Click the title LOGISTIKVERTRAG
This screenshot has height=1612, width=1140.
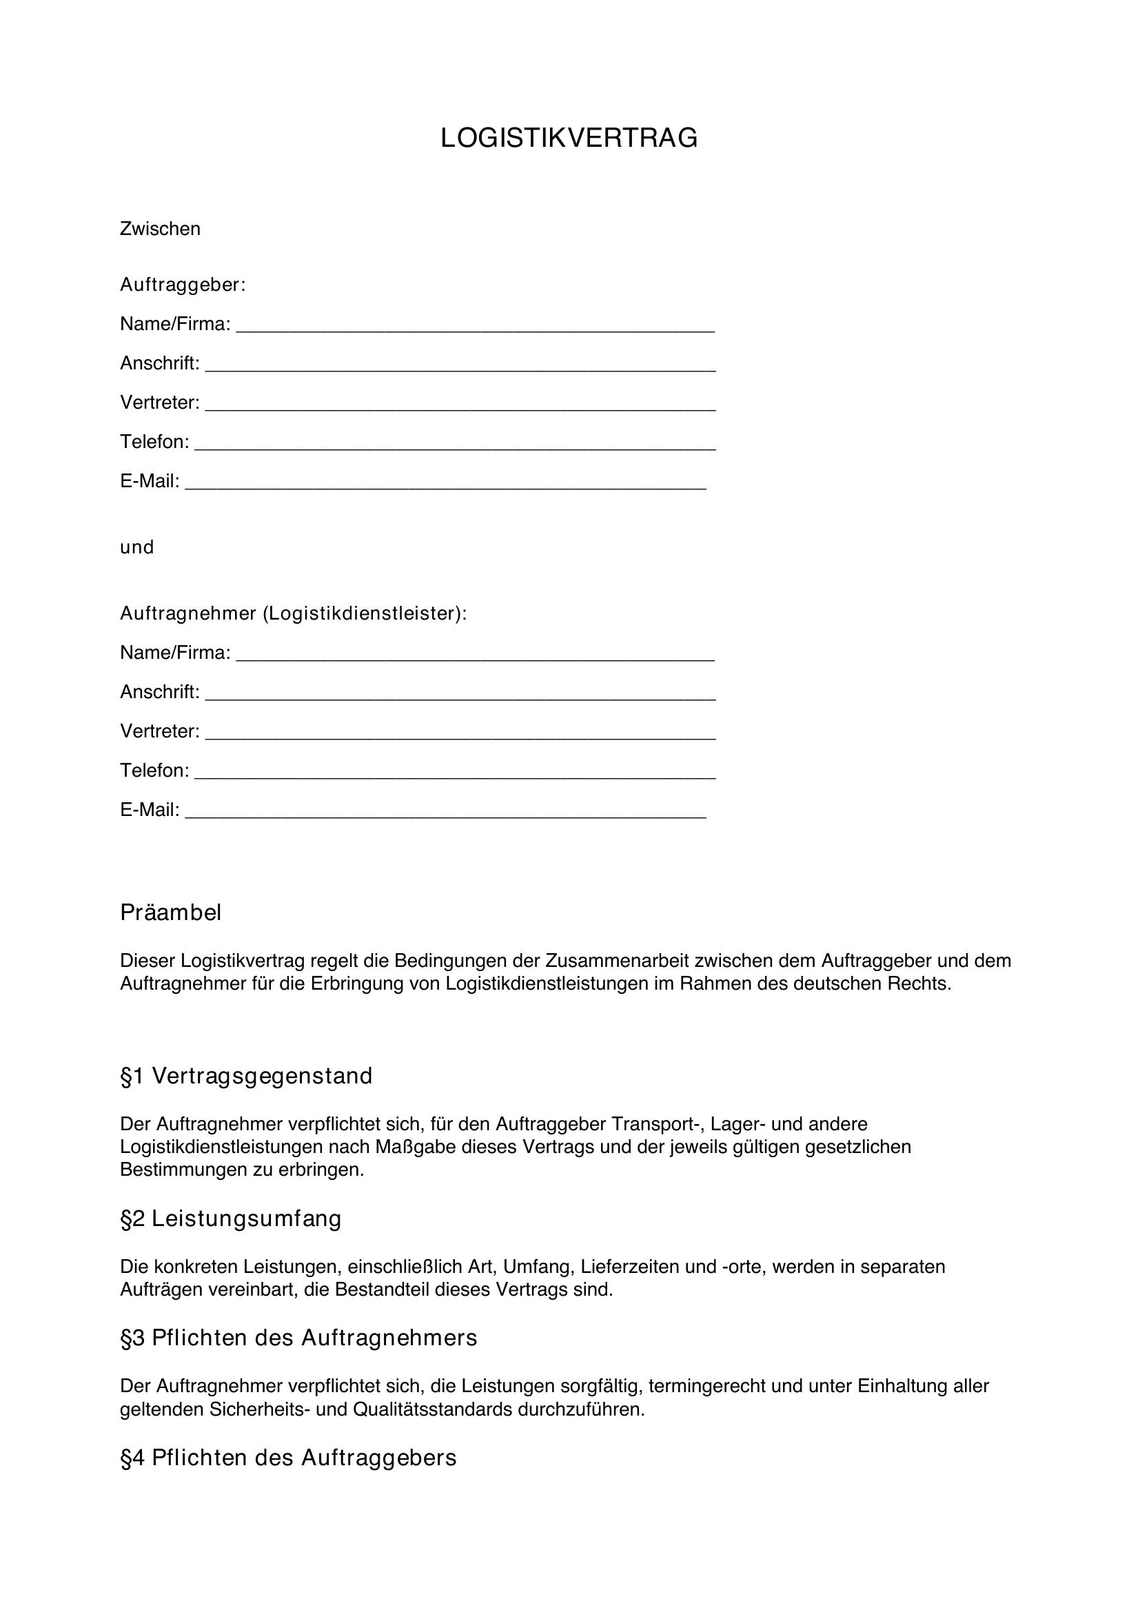569,139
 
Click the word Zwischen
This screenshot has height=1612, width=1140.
160,229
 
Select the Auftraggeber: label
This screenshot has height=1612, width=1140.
183,285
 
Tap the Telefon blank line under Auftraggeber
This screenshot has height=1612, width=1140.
455,445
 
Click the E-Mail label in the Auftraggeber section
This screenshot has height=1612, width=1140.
150,481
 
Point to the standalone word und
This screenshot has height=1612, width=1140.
137,547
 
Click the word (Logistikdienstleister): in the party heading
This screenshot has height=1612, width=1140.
365,613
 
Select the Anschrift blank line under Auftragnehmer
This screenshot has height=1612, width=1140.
460,695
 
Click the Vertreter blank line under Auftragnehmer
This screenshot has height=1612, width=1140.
460,735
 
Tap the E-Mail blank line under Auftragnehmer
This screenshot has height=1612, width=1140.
445,813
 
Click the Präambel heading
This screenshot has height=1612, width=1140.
170,912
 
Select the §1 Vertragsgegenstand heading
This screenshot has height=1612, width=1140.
246,1076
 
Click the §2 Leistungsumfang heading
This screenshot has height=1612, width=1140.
231,1218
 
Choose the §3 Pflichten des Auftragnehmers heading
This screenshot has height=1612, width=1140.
298,1338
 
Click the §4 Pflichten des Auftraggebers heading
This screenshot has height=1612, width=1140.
289,1458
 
